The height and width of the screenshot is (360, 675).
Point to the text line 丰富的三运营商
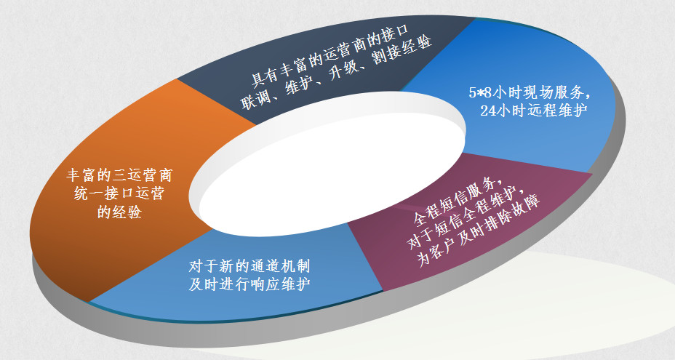tap(119, 175)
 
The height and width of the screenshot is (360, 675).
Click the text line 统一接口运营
tap(119, 193)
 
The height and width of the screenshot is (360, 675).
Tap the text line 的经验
tap(119, 212)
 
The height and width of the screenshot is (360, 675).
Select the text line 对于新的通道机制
tap(249, 266)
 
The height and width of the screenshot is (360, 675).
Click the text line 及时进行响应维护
tap(249, 284)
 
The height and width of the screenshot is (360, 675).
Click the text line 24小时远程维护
tap(534, 111)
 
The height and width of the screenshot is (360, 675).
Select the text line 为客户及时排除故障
tap(479, 232)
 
